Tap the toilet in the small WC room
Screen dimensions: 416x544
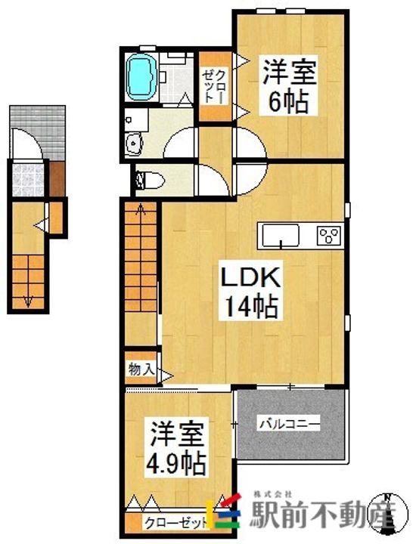(150, 181)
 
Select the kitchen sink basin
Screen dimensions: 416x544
(281, 235)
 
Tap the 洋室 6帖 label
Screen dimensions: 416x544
(289, 85)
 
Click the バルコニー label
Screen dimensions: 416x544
(289, 424)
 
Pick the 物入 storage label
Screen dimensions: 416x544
(141, 369)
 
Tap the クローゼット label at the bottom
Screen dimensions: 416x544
(176, 522)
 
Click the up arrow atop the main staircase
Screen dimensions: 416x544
(141, 209)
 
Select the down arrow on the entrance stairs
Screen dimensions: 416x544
(29, 301)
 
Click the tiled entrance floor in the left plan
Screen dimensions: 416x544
(29, 180)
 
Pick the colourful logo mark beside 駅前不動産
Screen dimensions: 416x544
(224, 515)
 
